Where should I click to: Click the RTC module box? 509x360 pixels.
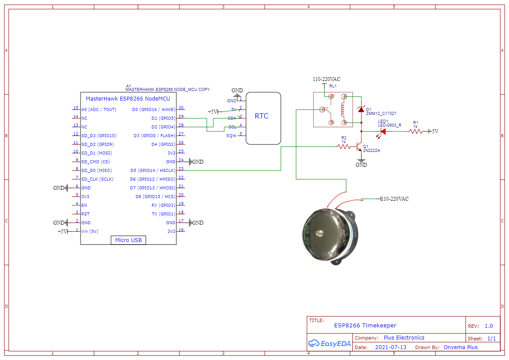click(263, 118)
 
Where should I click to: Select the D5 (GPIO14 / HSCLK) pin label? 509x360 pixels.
click(153, 170)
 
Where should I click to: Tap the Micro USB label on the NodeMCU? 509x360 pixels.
click(128, 240)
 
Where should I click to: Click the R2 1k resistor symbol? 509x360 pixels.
click(344, 147)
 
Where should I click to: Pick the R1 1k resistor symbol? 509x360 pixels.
click(415, 131)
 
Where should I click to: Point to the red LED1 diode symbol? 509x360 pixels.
click(383, 131)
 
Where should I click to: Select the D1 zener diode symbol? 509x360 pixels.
click(361, 110)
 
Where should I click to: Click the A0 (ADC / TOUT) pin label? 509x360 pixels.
click(99, 109)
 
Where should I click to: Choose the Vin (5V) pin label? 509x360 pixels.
click(90, 231)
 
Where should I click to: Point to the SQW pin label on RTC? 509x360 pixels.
click(231, 136)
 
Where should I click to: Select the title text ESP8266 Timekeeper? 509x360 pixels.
click(365, 325)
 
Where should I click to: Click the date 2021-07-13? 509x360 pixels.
click(391, 347)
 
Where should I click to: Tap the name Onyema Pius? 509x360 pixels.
click(460, 347)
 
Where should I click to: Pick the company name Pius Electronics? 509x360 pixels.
click(404, 337)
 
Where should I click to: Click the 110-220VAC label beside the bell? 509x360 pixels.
click(395, 199)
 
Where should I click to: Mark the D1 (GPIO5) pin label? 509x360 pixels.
click(163, 118)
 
